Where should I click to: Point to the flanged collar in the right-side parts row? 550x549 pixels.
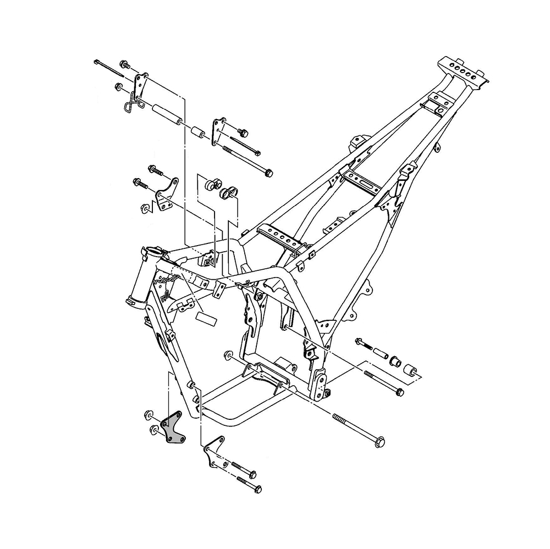tap(395, 361)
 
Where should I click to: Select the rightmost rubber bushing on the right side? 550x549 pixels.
tap(410, 370)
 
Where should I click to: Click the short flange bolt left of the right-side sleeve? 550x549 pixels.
tap(364, 343)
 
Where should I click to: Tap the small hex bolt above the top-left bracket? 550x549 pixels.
tap(124, 65)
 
